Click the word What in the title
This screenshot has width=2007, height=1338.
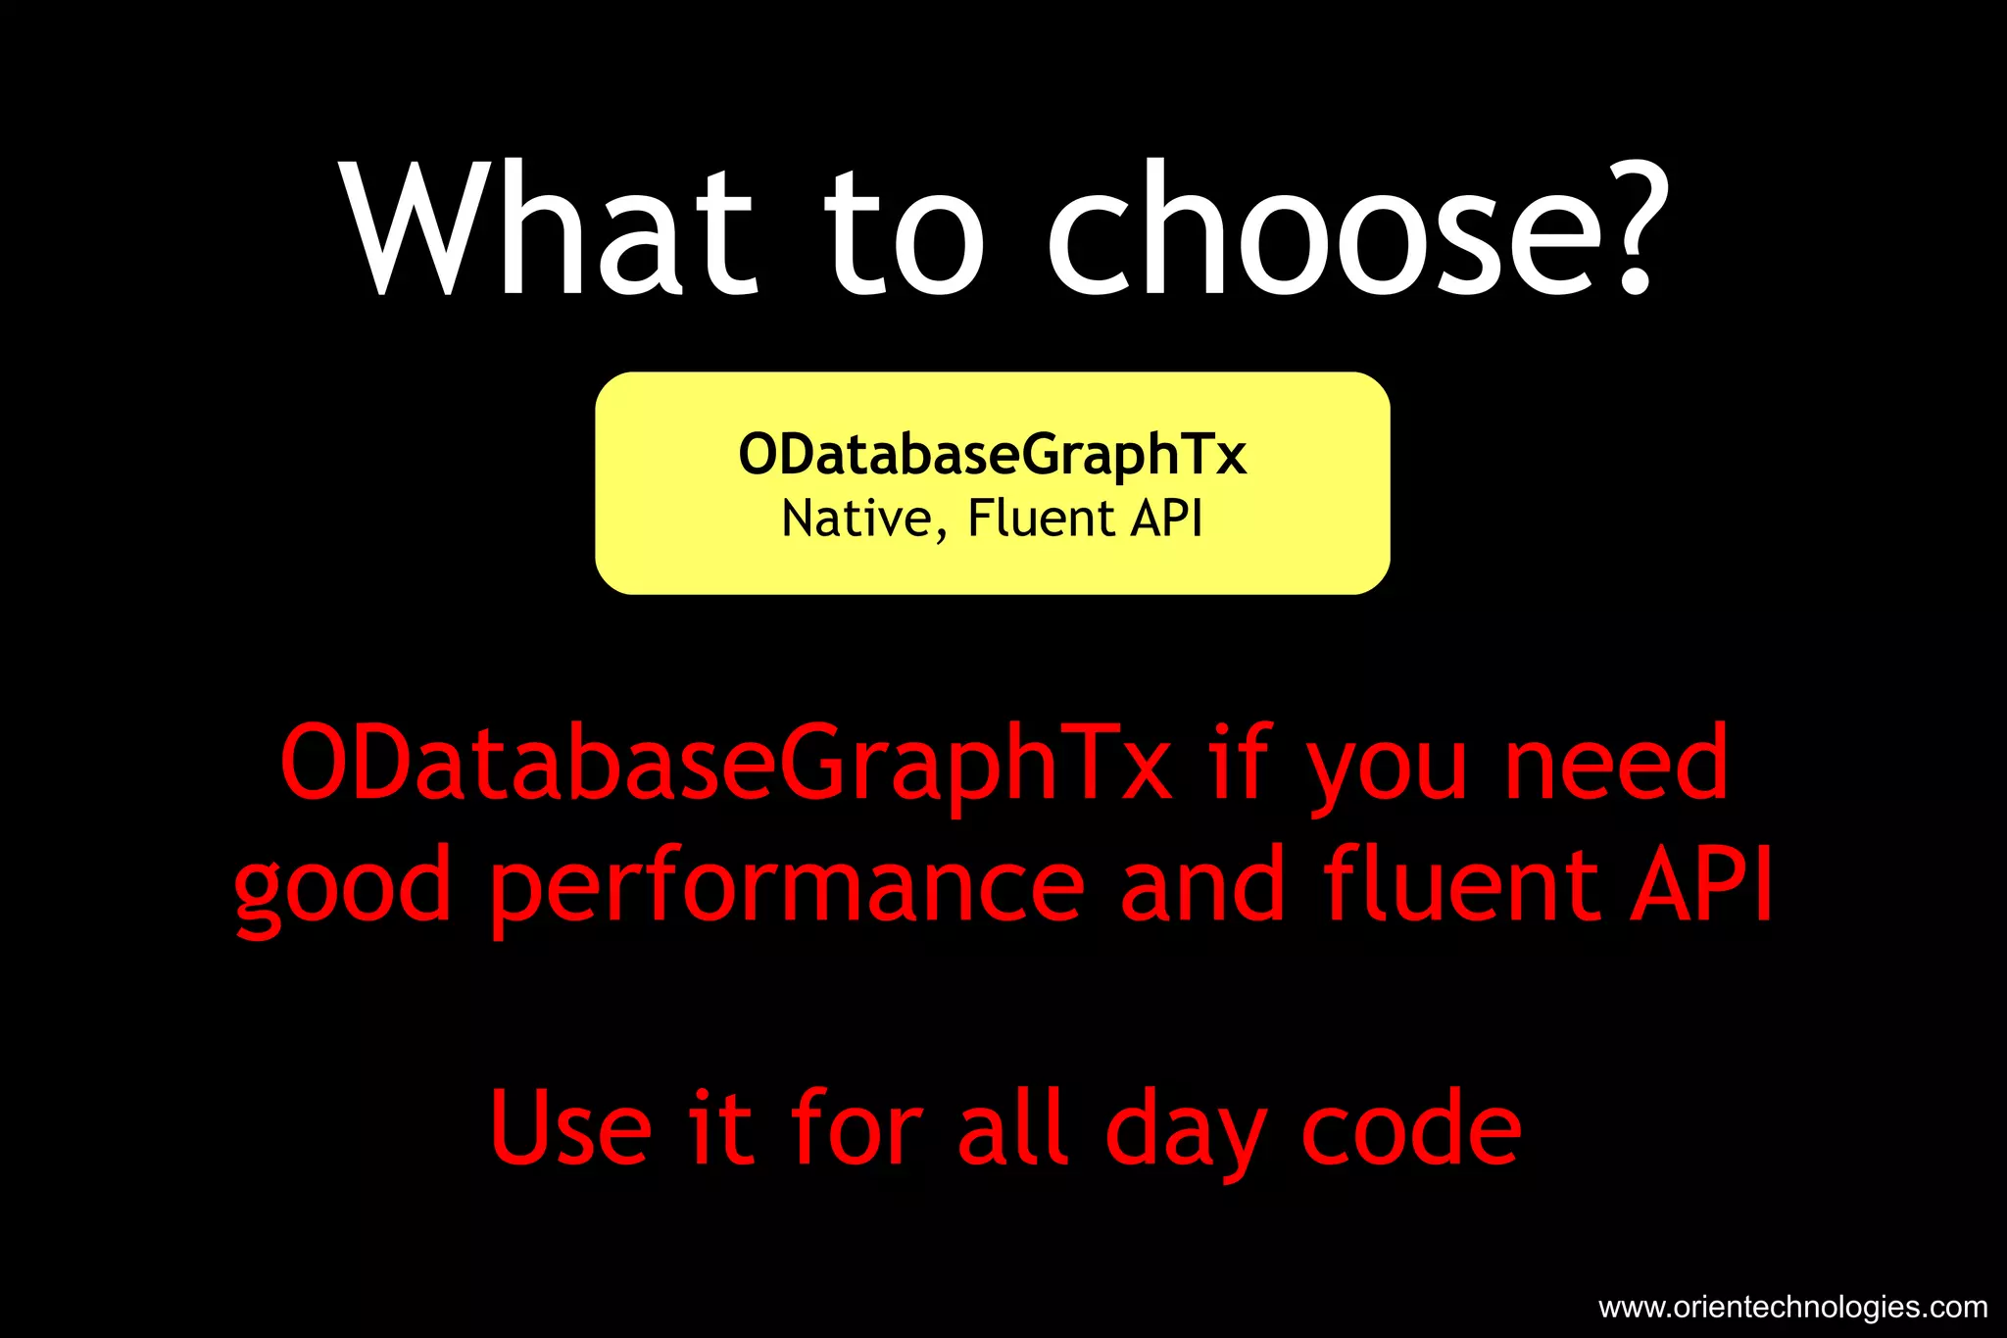[x=550, y=230]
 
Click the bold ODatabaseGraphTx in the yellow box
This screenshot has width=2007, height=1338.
[x=992, y=455]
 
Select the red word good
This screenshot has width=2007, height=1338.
[x=343, y=887]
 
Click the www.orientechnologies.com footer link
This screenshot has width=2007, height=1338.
[x=1792, y=1307]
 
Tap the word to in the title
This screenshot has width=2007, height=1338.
[x=904, y=235]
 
